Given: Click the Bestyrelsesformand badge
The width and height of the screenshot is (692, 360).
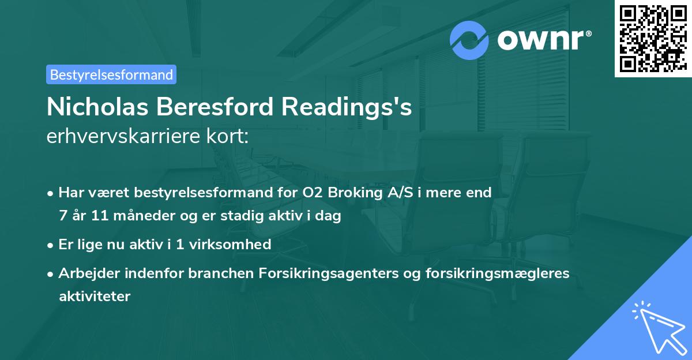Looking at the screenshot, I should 111,74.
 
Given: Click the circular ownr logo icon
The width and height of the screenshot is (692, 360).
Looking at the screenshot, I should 469,41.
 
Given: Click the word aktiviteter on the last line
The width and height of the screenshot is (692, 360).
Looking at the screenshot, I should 95,297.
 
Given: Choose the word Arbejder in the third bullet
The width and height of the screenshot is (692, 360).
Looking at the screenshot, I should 84,273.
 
